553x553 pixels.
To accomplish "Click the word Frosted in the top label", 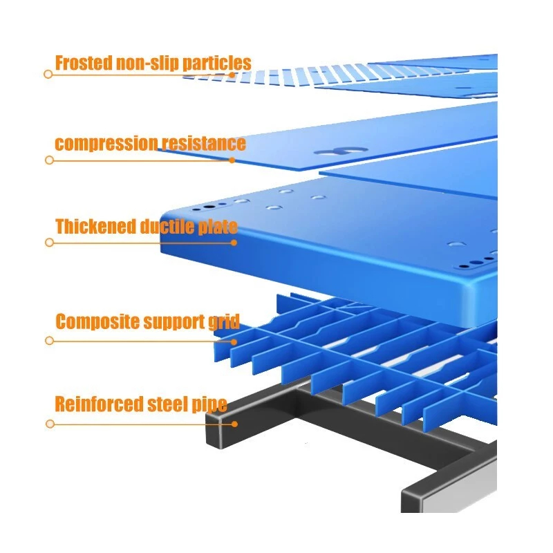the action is [82, 63].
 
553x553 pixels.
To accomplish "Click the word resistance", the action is [203, 144].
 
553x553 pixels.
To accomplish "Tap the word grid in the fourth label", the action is [225, 321].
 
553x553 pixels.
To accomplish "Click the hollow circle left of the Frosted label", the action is [48, 74].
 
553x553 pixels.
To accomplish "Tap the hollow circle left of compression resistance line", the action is [49, 160].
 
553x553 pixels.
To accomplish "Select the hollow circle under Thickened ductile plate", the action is [49, 243].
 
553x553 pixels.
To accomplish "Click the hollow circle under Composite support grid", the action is [49, 341].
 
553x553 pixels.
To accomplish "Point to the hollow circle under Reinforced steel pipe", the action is [49, 424].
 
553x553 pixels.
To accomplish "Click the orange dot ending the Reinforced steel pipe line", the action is [234, 424].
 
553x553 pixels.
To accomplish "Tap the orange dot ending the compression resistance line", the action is [232, 160].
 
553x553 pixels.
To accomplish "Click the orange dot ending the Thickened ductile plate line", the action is [234, 243].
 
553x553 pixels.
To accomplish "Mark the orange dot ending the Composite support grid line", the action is [234, 341].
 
